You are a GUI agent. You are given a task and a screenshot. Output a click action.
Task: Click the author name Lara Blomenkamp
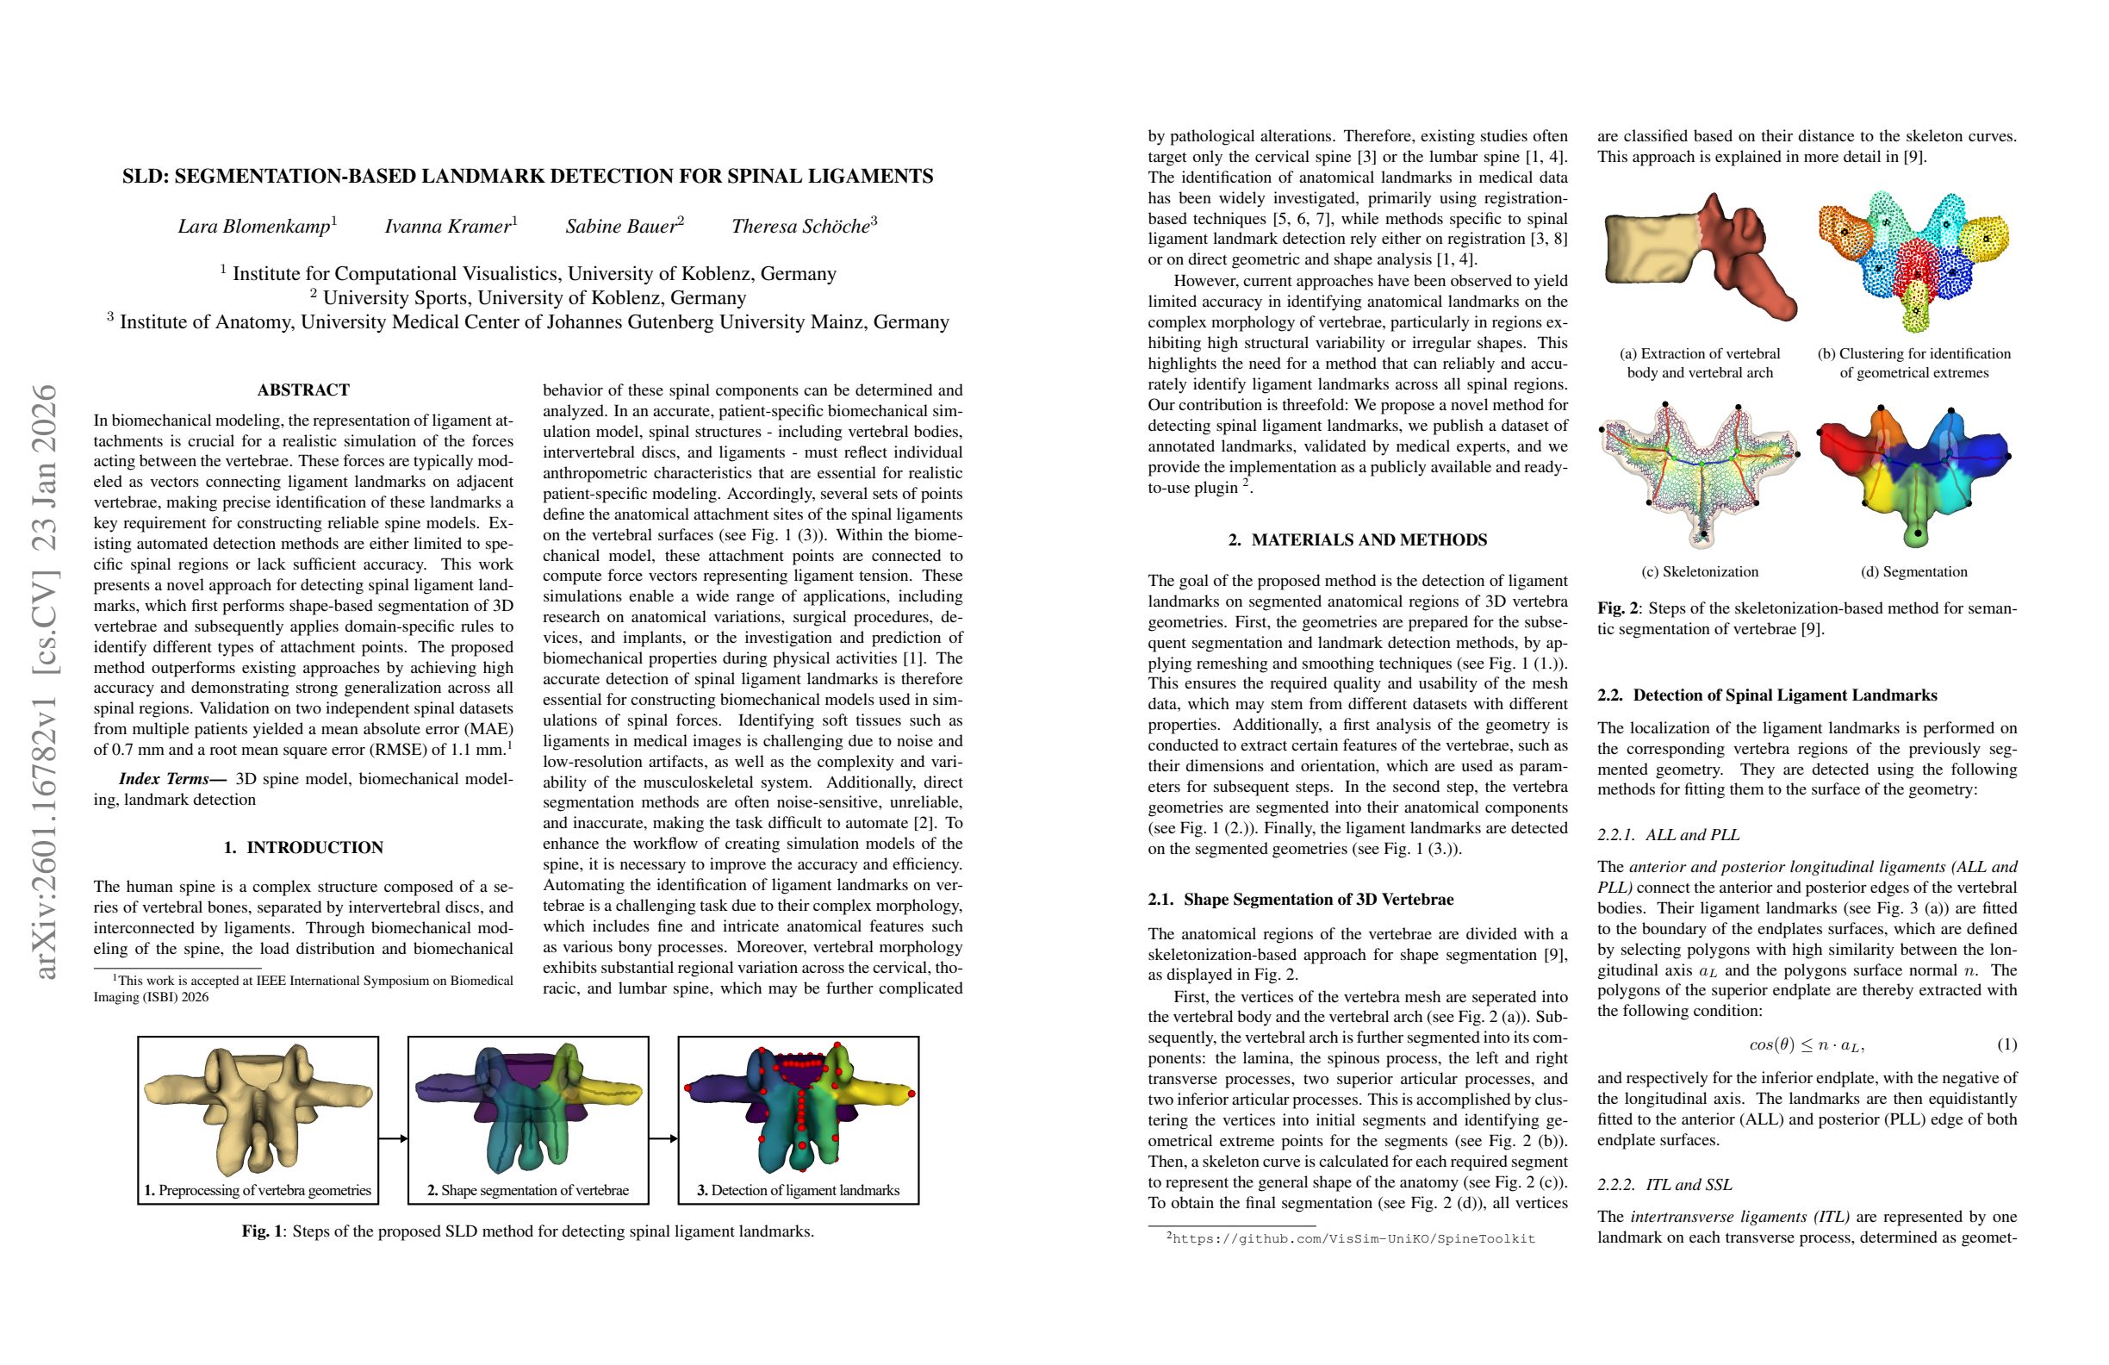click(254, 227)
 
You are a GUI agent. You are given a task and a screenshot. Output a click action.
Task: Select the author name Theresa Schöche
click(800, 227)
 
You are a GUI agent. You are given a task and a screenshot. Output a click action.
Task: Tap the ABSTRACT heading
click(303, 390)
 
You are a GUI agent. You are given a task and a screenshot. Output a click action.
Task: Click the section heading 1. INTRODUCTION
click(303, 847)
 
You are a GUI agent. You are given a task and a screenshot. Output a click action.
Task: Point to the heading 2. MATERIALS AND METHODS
click(1358, 539)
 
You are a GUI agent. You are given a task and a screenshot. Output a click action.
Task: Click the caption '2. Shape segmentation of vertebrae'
click(528, 1190)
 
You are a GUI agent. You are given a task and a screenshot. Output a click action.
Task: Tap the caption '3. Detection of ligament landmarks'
click(799, 1190)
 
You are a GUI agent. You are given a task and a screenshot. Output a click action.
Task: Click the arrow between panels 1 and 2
click(394, 1138)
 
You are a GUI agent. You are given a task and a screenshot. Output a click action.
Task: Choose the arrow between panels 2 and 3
click(663, 1138)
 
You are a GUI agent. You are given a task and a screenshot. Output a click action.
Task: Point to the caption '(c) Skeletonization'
click(1700, 571)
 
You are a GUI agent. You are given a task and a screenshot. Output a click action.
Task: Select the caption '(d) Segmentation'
click(1914, 571)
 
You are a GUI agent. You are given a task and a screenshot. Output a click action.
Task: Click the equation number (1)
click(2007, 1045)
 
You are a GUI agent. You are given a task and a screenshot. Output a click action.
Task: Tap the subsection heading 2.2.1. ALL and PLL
click(1669, 835)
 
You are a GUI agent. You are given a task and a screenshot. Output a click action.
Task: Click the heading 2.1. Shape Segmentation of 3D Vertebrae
click(1301, 900)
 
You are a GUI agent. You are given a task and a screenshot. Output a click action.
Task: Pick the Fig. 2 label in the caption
click(1617, 609)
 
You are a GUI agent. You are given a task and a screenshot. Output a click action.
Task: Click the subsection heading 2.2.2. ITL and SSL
click(1664, 1185)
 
